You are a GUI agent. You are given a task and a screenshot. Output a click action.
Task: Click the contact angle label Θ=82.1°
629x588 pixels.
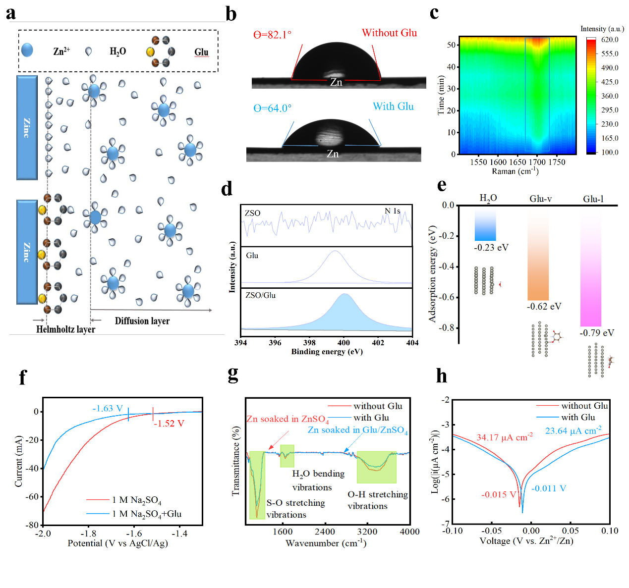(273, 35)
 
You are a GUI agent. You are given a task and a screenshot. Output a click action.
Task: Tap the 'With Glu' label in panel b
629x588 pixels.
(393, 107)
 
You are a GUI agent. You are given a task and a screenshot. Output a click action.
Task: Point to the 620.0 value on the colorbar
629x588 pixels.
(610, 40)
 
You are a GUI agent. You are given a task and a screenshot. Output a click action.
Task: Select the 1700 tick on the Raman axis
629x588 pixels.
(537, 162)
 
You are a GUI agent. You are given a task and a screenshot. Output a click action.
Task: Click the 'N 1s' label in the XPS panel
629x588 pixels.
(392, 211)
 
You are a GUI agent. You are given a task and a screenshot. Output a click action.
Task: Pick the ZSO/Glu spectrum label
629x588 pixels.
(260, 295)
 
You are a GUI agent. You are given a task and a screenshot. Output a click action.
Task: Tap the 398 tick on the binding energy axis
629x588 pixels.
(309, 342)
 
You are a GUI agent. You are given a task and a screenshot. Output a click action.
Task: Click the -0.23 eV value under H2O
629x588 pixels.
(491, 247)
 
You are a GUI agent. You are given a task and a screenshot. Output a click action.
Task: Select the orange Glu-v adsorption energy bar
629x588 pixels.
(538, 258)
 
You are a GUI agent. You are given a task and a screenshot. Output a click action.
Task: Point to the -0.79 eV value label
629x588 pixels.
(597, 333)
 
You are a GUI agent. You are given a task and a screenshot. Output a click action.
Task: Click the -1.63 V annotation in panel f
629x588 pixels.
(108, 409)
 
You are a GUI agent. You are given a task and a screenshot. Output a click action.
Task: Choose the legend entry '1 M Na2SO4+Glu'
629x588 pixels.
(147, 514)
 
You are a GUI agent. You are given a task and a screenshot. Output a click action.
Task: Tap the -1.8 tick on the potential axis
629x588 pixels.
(88, 534)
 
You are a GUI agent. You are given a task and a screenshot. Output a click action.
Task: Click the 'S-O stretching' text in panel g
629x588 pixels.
(296, 503)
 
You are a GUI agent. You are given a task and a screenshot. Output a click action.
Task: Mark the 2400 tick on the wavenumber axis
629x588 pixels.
(325, 532)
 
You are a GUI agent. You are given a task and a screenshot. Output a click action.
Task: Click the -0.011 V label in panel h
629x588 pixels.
(549, 488)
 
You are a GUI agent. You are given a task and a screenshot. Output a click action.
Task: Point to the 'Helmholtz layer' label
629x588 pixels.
(65, 329)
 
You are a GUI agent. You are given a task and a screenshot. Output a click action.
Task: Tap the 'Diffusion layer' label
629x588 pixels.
(142, 321)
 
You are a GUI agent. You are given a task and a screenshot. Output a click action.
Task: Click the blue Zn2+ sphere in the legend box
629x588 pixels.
(27, 50)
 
